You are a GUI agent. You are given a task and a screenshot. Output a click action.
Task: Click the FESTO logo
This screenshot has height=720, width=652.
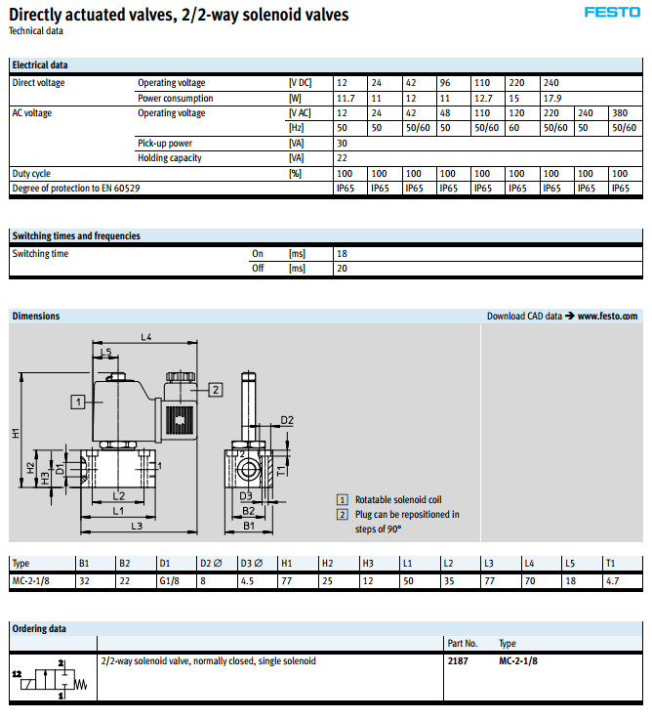[x=612, y=13]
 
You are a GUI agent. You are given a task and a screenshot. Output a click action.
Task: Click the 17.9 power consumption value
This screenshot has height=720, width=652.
[x=552, y=98]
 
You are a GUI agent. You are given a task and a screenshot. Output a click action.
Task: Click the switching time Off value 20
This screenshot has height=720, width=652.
[x=342, y=268]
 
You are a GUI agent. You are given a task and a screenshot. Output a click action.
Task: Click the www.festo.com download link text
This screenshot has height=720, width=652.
[x=607, y=317]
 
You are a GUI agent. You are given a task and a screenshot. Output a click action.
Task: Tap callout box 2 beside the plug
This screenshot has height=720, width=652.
[x=216, y=389]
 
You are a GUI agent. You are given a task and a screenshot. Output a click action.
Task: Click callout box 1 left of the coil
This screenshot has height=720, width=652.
[x=76, y=401]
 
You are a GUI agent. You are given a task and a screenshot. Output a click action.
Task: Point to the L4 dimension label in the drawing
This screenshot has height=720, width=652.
[x=146, y=337]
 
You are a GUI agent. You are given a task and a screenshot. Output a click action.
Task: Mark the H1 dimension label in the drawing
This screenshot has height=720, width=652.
[x=17, y=433]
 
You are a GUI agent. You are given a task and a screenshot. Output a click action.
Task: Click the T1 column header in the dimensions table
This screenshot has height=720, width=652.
[x=611, y=564]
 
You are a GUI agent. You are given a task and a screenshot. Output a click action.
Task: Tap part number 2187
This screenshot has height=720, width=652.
[x=457, y=661]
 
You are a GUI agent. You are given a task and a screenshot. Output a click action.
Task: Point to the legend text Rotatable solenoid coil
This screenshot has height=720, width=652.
[x=399, y=498]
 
